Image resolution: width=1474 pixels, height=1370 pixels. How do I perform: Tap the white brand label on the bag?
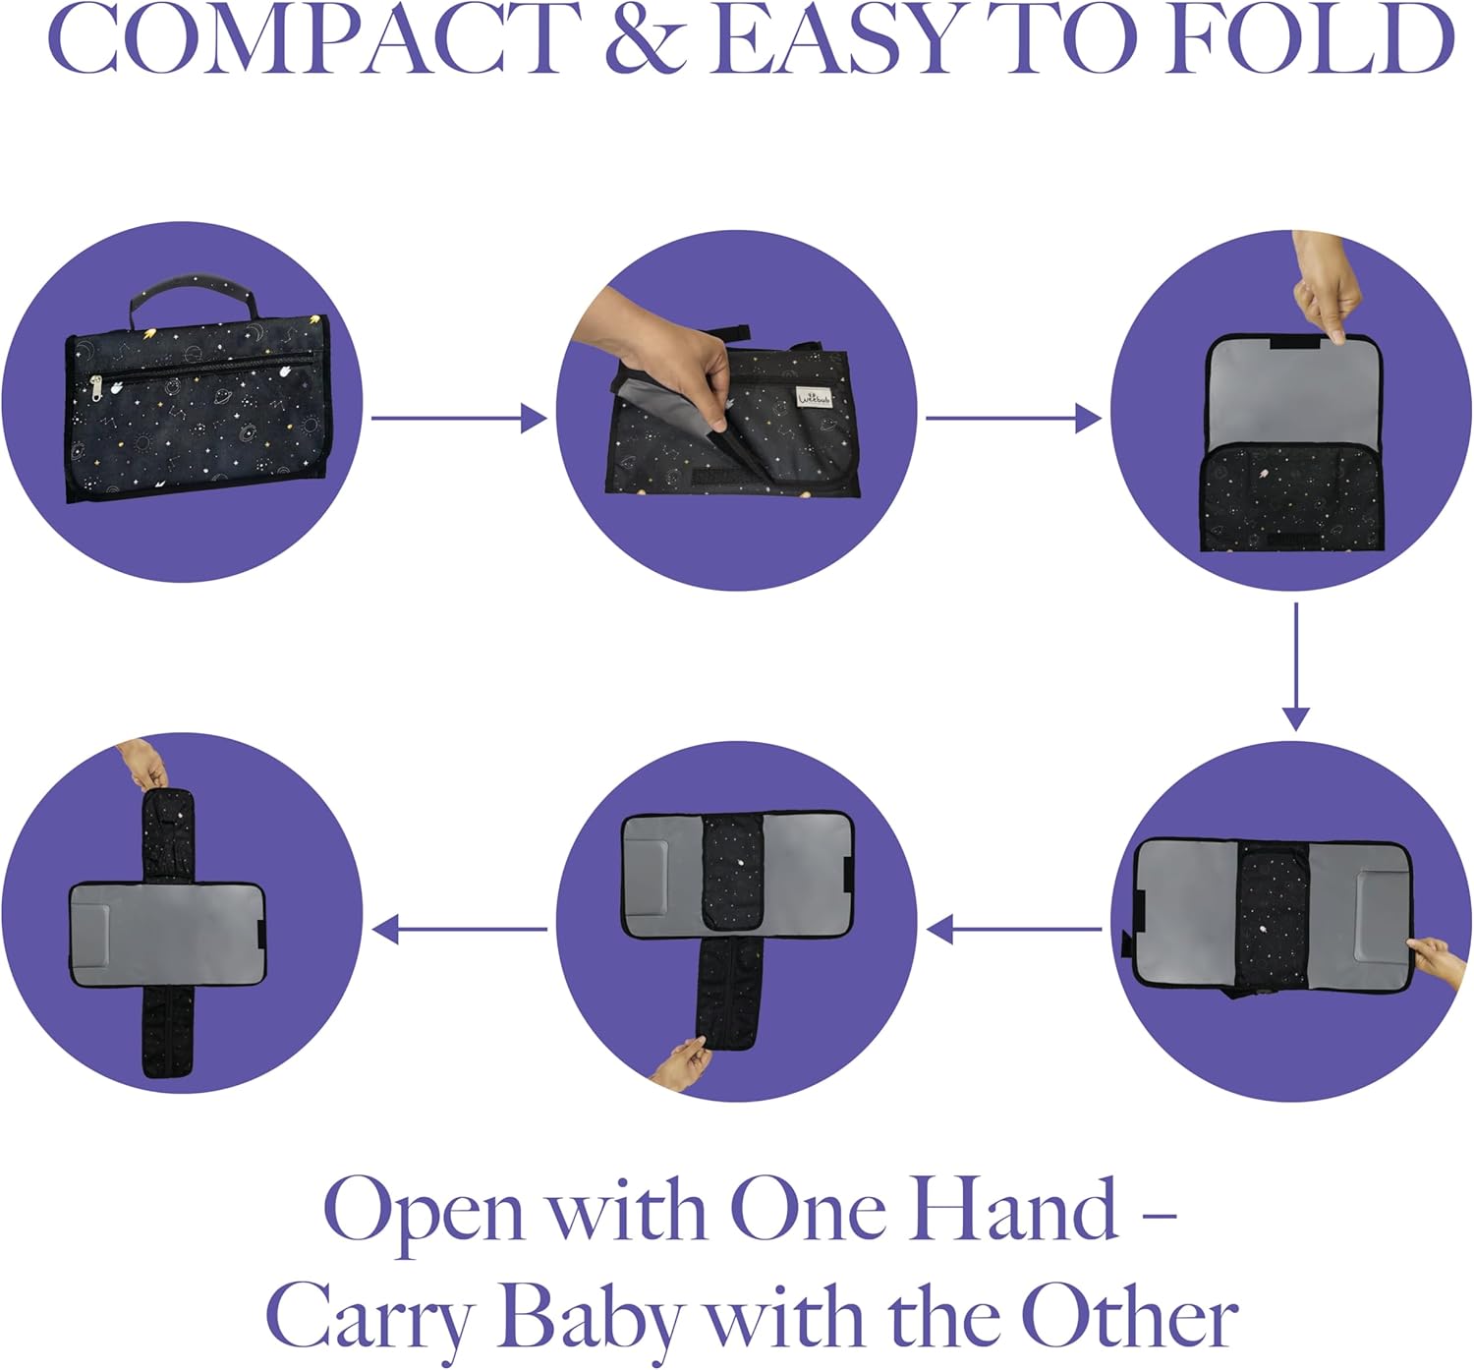[814, 396]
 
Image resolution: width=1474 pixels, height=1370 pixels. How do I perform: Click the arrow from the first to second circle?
[459, 418]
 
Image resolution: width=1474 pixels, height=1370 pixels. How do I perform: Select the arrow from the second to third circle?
[1013, 418]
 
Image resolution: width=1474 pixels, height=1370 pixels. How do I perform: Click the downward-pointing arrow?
[1296, 666]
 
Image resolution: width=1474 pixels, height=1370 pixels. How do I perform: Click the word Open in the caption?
[424, 1218]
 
